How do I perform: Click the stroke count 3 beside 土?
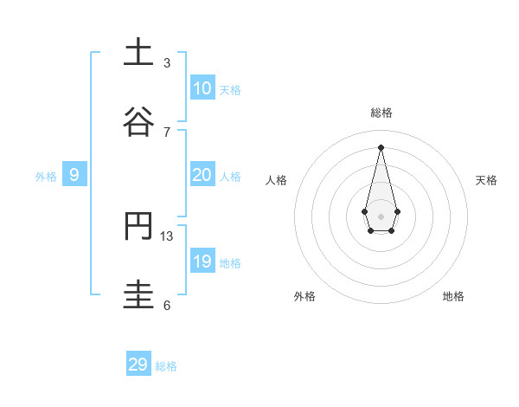click(167, 62)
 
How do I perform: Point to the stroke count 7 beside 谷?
click(167, 132)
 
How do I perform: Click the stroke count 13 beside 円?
click(167, 236)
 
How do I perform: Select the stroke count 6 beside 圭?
click(167, 305)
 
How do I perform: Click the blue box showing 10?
click(202, 88)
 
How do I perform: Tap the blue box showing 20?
click(202, 175)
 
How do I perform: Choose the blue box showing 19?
click(202, 262)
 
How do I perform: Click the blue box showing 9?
click(74, 175)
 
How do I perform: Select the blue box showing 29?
click(138, 365)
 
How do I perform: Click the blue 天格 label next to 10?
click(230, 90)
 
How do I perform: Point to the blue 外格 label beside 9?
click(46, 177)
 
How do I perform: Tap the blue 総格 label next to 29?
click(167, 366)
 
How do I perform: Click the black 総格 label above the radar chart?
click(381, 113)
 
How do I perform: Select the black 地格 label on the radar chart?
click(453, 297)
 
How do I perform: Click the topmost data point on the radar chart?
click(381, 146)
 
